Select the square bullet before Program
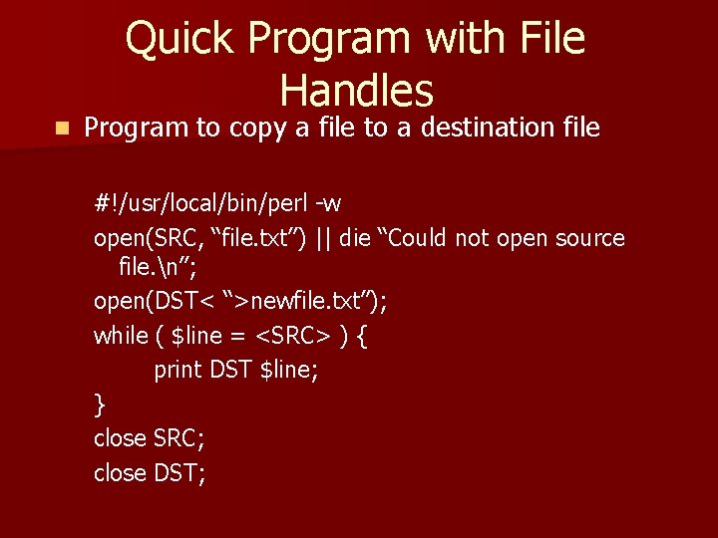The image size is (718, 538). (62, 129)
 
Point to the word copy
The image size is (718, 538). (261, 129)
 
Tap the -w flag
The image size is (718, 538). (328, 204)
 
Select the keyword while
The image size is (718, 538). (120, 336)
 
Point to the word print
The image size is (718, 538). (179, 370)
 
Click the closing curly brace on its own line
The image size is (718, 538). (99, 403)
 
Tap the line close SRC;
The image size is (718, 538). (149, 437)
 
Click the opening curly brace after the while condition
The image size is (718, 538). (361, 336)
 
